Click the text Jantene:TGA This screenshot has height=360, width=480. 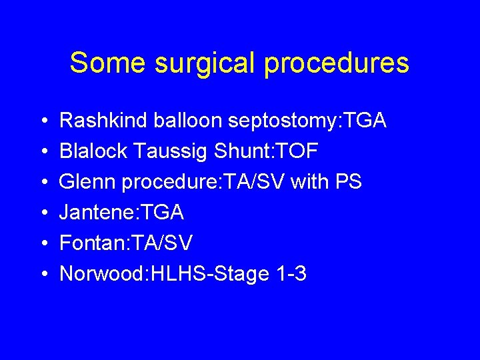pyautogui.click(x=122, y=213)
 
